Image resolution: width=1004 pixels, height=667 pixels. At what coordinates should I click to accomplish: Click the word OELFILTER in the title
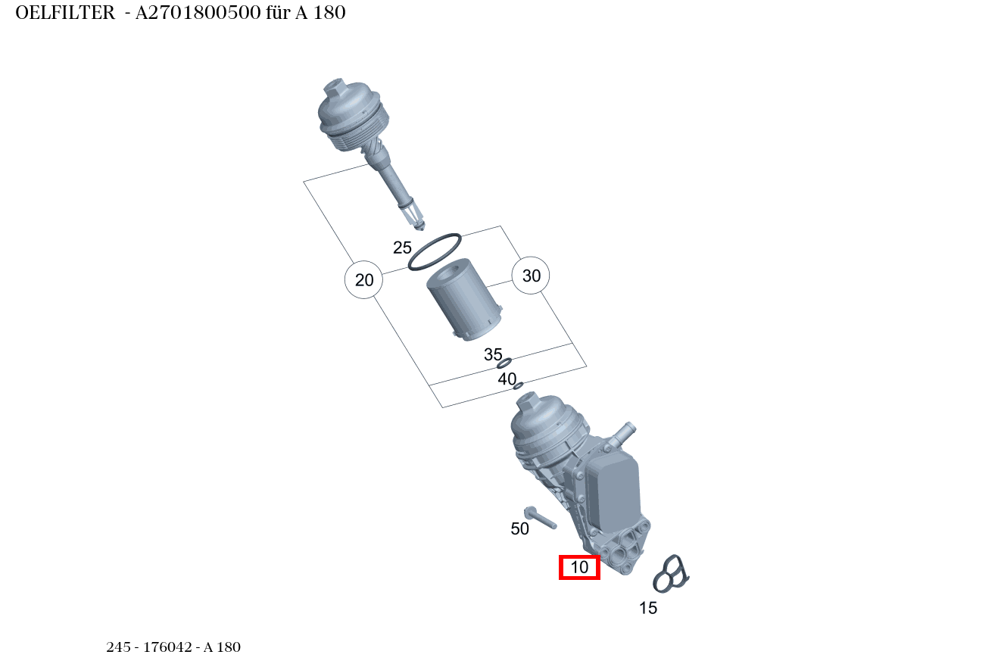tap(65, 13)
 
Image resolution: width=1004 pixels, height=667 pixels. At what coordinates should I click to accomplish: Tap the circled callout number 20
tap(364, 280)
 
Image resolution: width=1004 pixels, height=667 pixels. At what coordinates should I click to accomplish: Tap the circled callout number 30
tap(532, 276)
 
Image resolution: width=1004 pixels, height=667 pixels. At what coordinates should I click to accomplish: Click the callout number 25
tap(402, 248)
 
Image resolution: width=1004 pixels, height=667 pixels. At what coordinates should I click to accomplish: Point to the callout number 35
tap(493, 354)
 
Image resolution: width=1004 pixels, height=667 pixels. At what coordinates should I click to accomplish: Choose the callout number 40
tap(507, 379)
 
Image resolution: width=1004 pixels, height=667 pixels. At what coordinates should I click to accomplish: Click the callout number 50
tap(519, 529)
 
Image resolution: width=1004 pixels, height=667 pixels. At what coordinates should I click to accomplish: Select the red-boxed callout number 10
tap(579, 567)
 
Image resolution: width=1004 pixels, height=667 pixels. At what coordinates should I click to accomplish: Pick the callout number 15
tap(648, 608)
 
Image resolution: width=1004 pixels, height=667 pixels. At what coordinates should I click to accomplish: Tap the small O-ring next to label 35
tap(505, 363)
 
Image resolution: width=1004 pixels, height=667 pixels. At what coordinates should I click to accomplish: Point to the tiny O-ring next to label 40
tap(518, 386)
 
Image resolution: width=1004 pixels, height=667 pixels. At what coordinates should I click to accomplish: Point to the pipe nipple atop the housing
tap(624, 433)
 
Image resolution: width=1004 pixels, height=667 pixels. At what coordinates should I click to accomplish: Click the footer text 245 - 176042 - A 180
tap(173, 647)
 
